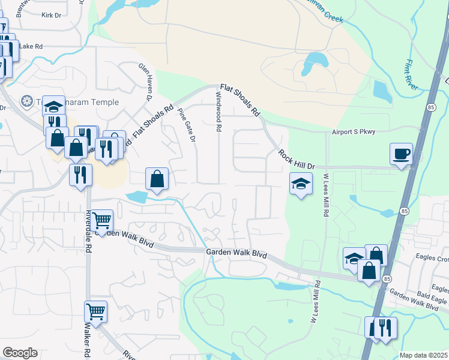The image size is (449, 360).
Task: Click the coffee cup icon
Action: pyautogui.click(x=401, y=154)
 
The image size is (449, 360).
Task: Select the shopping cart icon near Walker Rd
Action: pyautogui.click(x=95, y=311)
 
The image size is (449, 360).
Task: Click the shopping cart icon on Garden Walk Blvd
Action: pyautogui.click(x=102, y=220)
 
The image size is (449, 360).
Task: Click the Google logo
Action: pyautogui.click(x=20, y=353)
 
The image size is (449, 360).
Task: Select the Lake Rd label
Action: pyautogui.click(x=31, y=46)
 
